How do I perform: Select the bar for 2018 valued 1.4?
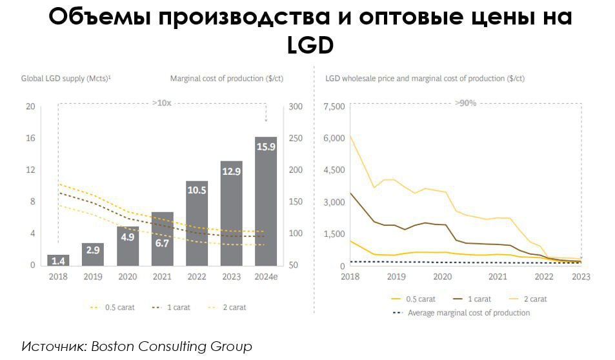[58, 260]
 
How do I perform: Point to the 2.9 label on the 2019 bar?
[93, 250]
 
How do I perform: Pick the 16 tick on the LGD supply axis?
[30, 138]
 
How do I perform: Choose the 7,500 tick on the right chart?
[334, 106]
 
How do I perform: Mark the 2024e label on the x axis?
[266, 277]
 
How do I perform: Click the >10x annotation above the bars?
[161, 103]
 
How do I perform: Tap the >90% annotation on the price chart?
[465, 103]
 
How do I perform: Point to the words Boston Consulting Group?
[171, 346]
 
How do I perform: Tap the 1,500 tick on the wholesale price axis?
[334, 234]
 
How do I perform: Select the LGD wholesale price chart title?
[425, 79]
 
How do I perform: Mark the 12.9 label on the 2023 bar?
[231, 172]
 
